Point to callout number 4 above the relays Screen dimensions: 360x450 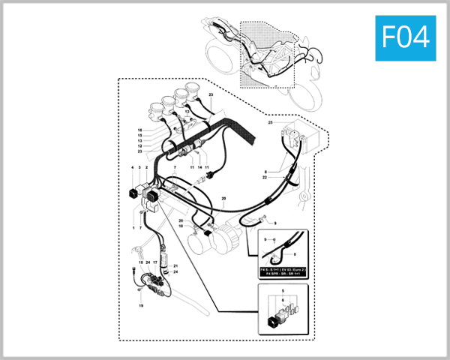tap(133, 168)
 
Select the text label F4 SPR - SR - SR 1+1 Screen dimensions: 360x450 tap(283, 274)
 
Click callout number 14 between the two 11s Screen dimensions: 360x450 tap(200, 166)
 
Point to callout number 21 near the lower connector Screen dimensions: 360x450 tap(175, 266)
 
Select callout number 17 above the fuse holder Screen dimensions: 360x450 tap(155, 262)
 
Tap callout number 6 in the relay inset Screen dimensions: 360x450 tap(282, 300)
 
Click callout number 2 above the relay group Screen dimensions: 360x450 tap(146, 168)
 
